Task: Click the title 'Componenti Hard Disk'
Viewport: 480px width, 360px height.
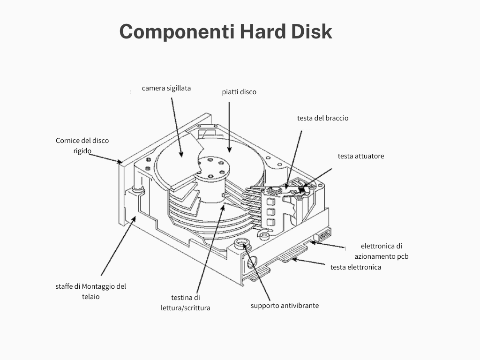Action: click(x=225, y=32)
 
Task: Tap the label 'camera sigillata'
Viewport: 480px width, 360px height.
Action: click(x=166, y=88)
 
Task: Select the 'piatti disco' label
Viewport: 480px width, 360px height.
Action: click(x=239, y=92)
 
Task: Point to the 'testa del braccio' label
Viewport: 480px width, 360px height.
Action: click(x=322, y=118)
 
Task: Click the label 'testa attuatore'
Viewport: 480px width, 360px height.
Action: click(x=360, y=156)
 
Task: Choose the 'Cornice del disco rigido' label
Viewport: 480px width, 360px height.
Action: click(x=82, y=146)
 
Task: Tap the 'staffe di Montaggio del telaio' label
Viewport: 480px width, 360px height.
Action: click(x=90, y=292)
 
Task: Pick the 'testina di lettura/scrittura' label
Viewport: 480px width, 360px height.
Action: click(x=185, y=303)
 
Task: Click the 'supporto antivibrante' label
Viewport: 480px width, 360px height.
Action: click(x=285, y=306)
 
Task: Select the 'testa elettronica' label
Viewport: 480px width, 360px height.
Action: click(x=355, y=267)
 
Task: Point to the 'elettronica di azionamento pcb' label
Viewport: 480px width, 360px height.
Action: click(x=381, y=251)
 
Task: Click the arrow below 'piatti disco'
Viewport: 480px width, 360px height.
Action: click(x=229, y=127)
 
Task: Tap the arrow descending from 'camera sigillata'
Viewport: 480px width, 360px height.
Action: click(x=176, y=127)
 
